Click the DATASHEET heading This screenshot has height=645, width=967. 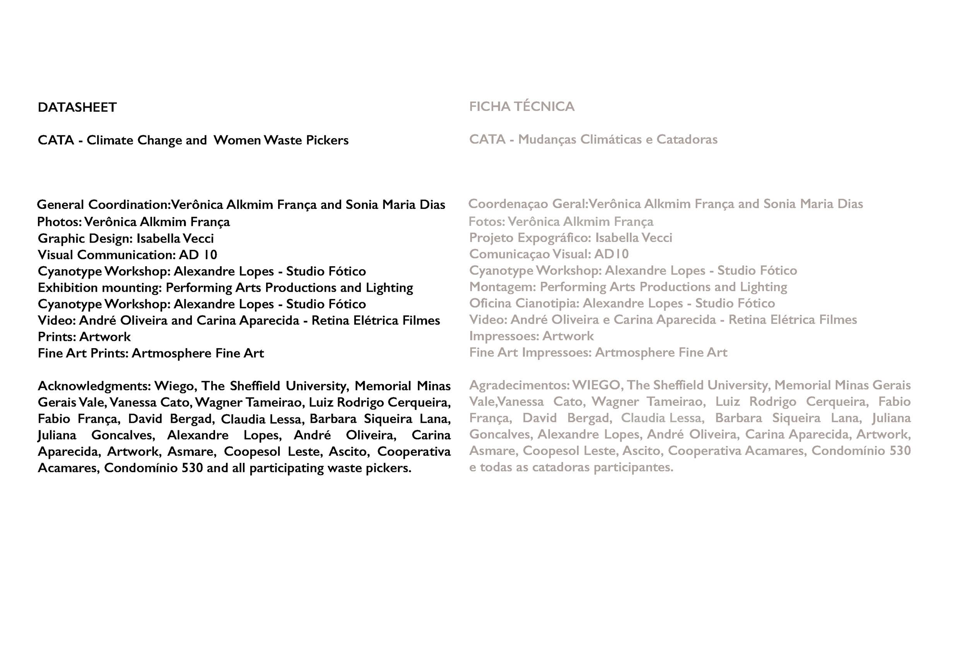(77, 107)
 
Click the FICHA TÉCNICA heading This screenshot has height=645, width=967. (521, 106)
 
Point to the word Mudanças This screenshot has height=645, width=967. (547, 139)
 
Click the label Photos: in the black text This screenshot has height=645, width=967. (59, 222)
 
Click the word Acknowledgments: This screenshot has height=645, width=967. (94, 386)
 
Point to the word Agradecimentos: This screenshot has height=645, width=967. (519, 385)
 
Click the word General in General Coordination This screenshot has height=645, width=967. (60, 204)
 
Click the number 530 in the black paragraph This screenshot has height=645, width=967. (192, 468)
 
